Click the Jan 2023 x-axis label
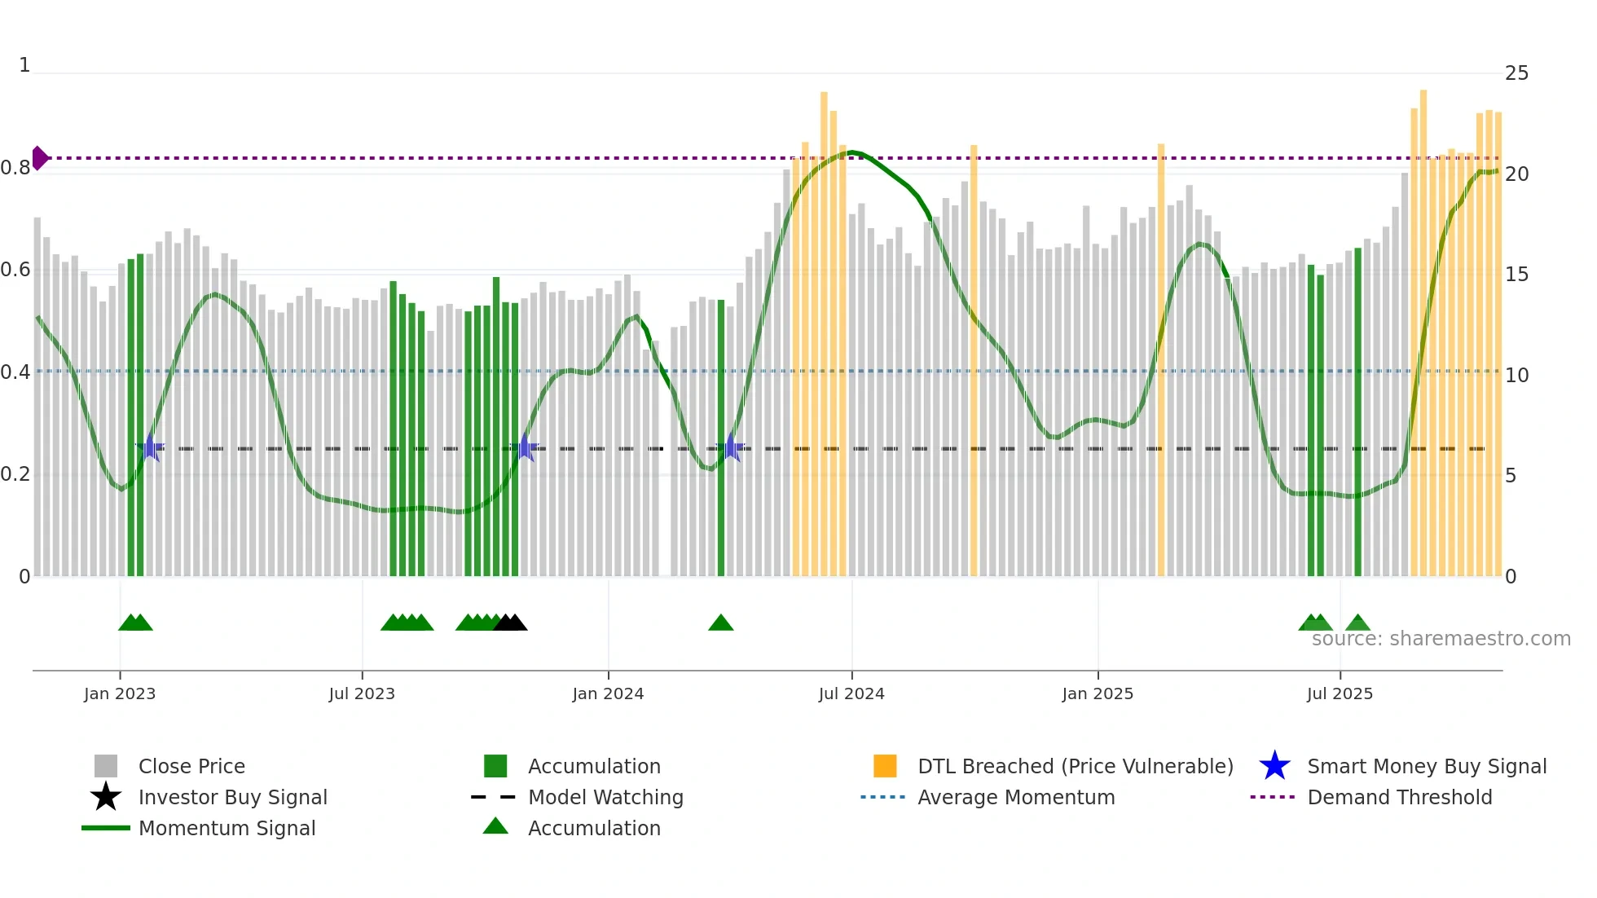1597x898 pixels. [x=119, y=693]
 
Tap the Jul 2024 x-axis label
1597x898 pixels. [x=851, y=693]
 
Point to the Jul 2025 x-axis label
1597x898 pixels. [x=1340, y=693]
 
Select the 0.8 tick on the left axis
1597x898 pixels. [x=16, y=168]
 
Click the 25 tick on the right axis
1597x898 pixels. [x=1516, y=73]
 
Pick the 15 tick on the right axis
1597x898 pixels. [x=1516, y=275]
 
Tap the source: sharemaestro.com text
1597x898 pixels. [x=1441, y=639]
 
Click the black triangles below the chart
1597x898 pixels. [x=510, y=623]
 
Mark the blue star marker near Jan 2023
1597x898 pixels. [x=150, y=447]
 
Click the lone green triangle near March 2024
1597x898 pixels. [x=720, y=623]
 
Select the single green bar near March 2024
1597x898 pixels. [x=721, y=440]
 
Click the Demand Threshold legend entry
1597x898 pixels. [x=1399, y=797]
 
